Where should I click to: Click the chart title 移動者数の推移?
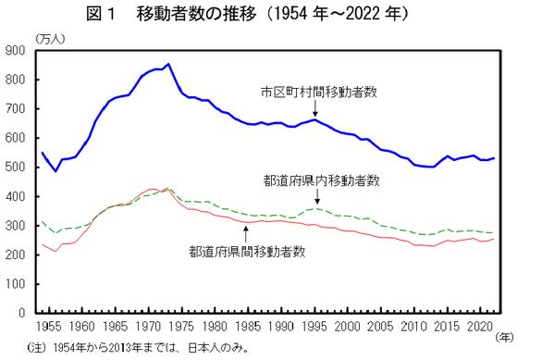click(x=277, y=14)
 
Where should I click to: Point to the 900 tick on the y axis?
click(x=17, y=51)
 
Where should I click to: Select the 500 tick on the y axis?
click(x=17, y=168)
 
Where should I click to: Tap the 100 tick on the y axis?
click(x=17, y=284)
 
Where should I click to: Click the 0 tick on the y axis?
click(x=23, y=313)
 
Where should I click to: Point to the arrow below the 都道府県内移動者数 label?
click(x=317, y=199)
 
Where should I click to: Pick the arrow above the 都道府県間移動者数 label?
click(x=246, y=230)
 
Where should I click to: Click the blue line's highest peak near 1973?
click(x=167, y=65)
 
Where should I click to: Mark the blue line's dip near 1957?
click(x=55, y=171)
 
